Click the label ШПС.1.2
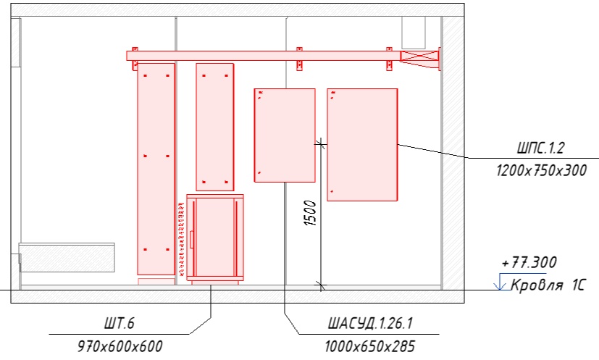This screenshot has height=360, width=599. (x=540, y=148)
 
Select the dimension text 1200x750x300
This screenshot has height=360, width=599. (x=541, y=170)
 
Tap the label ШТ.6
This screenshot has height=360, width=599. (x=120, y=323)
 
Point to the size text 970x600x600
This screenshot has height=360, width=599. (x=120, y=346)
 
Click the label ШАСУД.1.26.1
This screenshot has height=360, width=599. (x=370, y=323)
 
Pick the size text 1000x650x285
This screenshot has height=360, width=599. (x=369, y=346)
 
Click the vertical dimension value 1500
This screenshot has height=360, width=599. (x=310, y=213)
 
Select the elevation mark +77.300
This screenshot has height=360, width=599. (x=529, y=262)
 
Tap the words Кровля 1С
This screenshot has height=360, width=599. (x=548, y=285)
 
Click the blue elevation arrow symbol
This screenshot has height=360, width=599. (x=499, y=282)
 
